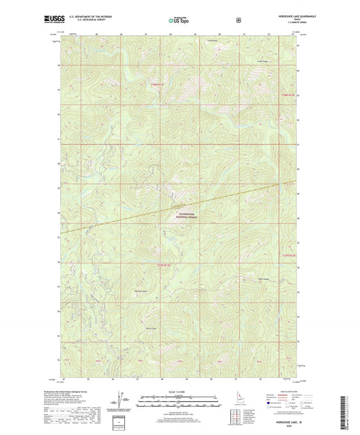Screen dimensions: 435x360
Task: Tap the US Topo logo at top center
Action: pyautogui.click(x=178, y=21)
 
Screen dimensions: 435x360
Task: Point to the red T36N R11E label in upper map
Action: pyautogui.click(x=155, y=84)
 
